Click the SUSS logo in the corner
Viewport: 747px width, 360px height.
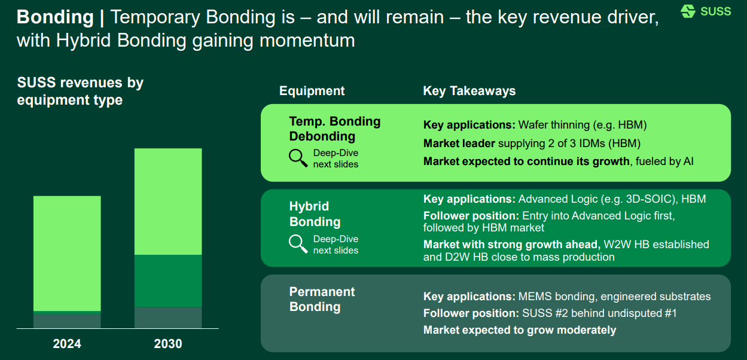click(x=706, y=11)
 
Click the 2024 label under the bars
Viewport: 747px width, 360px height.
click(x=67, y=344)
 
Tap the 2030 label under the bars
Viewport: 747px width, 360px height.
click(x=168, y=344)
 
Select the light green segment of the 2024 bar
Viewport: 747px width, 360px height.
click(x=67, y=253)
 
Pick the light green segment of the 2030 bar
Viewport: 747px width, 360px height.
click(x=168, y=202)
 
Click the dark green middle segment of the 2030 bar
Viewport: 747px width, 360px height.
click(x=168, y=281)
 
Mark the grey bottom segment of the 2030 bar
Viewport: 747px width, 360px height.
click(x=168, y=318)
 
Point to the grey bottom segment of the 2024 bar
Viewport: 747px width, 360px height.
click(x=67, y=321)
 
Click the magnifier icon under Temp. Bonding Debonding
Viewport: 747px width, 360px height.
click(x=298, y=158)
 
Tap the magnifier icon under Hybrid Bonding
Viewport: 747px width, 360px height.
click(x=298, y=244)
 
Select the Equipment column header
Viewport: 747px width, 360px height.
click(x=312, y=91)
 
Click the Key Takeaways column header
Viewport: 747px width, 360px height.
click(x=469, y=91)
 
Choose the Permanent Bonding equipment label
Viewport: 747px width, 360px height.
click(x=322, y=299)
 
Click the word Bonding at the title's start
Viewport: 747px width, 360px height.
click(x=55, y=17)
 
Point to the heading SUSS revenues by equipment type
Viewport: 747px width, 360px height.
click(x=80, y=91)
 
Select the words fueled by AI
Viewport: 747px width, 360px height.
click(x=664, y=161)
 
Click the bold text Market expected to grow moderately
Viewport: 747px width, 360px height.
click(x=519, y=330)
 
